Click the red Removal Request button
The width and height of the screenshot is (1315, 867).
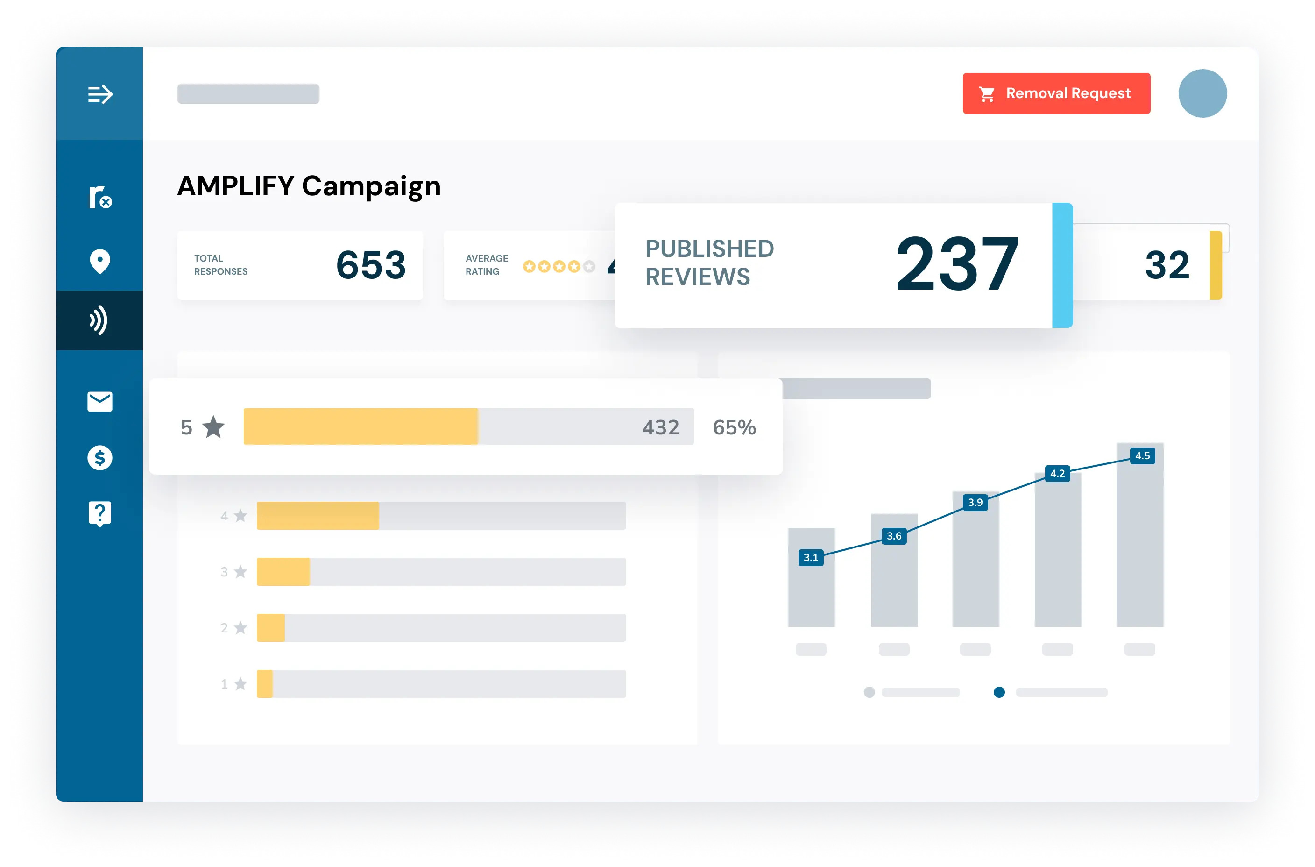pyautogui.click(x=1056, y=93)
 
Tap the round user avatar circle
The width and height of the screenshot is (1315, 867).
pyautogui.click(x=1202, y=93)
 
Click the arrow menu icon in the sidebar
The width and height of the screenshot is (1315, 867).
pyautogui.click(x=100, y=94)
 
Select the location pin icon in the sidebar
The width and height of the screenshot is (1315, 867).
pyautogui.click(x=100, y=261)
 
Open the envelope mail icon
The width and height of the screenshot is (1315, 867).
pyautogui.click(x=100, y=401)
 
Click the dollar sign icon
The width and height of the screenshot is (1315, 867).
pyautogui.click(x=100, y=458)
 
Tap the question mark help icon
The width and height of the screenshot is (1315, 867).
pyautogui.click(x=100, y=514)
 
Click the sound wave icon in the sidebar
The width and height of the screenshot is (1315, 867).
pyautogui.click(x=99, y=321)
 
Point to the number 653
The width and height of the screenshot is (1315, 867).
pyautogui.click(x=371, y=265)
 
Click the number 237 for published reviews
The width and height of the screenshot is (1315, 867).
pyautogui.click(x=957, y=264)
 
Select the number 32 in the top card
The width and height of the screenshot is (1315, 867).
pyautogui.click(x=1167, y=265)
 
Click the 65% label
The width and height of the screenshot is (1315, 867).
pyautogui.click(x=734, y=427)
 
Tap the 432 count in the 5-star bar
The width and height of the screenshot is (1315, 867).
pyautogui.click(x=661, y=427)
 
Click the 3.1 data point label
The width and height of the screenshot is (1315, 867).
pyautogui.click(x=810, y=557)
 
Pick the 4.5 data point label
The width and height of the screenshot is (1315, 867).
pyautogui.click(x=1142, y=455)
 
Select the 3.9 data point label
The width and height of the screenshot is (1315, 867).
pyautogui.click(x=975, y=502)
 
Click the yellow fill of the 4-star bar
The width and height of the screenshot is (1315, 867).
pyautogui.click(x=318, y=516)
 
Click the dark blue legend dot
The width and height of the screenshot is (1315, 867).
pyautogui.click(x=999, y=692)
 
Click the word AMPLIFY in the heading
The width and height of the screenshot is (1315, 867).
pyautogui.click(x=236, y=186)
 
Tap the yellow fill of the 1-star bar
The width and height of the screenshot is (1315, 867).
pyautogui.click(x=265, y=684)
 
